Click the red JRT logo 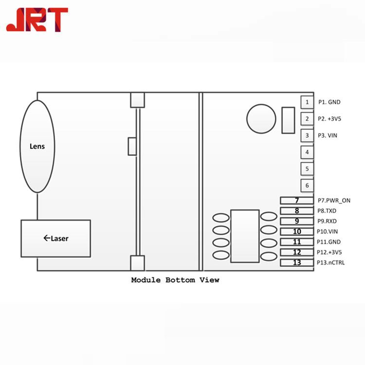pos(37,19)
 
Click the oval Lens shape pos(37,146)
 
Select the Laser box pos(55,238)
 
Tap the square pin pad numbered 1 pos(307,102)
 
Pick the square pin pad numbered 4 pos(307,152)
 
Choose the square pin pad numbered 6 pos(307,185)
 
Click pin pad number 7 pos(297,201)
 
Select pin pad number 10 pos(297,232)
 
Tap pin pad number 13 pos(297,263)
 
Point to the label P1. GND pos(329,102)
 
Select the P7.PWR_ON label pos(334,201)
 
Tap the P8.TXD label pos(327,211)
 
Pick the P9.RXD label pos(327,221)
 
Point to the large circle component pos(261,119)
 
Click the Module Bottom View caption pos(175,280)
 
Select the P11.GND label pos(328,242)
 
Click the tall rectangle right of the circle pos(288,120)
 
